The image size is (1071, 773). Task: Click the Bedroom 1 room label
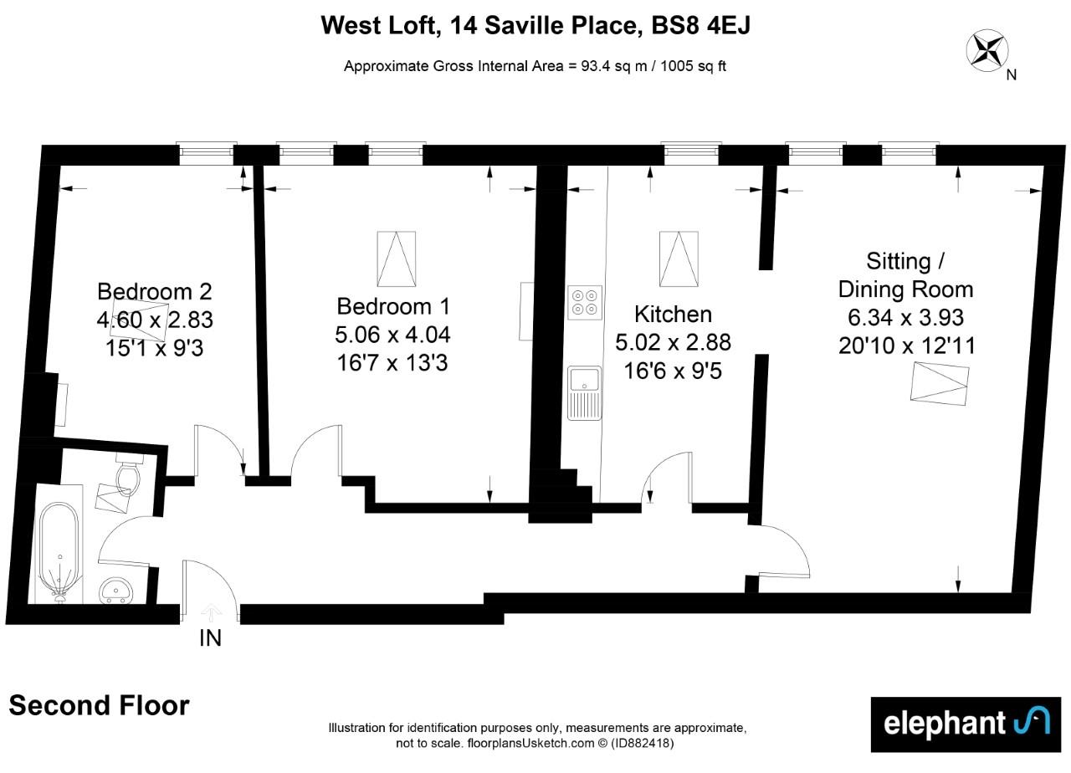pyautogui.click(x=393, y=306)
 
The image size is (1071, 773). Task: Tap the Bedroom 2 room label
pyautogui.click(x=155, y=292)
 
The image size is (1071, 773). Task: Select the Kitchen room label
pyautogui.click(x=674, y=315)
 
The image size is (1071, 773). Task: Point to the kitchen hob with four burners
pyautogui.click(x=585, y=303)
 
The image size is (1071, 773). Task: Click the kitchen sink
pyautogui.click(x=584, y=393)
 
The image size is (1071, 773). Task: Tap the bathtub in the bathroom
pyautogui.click(x=59, y=553)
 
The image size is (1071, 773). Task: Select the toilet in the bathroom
pyautogui.click(x=128, y=474)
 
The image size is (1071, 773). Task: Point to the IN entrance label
pyautogui.click(x=210, y=638)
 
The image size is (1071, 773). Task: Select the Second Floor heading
pyautogui.click(x=100, y=705)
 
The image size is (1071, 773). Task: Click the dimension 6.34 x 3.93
pyautogui.click(x=905, y=317)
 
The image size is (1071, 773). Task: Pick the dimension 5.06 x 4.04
pyautogui.click(x=392, y=335)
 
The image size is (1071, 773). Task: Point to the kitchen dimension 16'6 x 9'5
pyautogui.click(x=673, y=371)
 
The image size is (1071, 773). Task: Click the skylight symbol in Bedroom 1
pyautogui.click(x=397, y=259)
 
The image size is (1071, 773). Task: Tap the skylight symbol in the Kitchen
pyautogui.click(x=679, y=259)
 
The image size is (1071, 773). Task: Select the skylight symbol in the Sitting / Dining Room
pyautogui.click(x=940, y=384)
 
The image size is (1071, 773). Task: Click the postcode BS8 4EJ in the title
pyautogui.click(x=701, y=25)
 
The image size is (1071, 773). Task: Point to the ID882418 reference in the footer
pyautogui.click(x=641, y=744)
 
